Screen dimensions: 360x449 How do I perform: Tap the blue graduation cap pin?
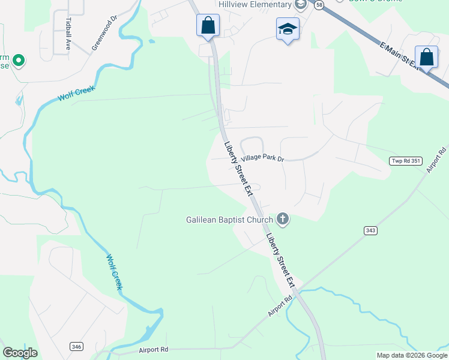288,28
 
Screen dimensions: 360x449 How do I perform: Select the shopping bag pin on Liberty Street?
208,26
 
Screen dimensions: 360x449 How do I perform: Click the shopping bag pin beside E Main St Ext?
426,58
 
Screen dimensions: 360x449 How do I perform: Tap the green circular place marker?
18,59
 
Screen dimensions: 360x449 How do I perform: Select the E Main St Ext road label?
399,55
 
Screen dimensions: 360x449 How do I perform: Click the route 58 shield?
319,5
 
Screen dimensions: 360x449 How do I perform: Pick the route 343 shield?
370,230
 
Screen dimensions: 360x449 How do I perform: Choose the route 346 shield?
76,346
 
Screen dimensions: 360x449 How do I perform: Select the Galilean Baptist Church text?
229,220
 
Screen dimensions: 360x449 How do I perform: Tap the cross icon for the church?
283,220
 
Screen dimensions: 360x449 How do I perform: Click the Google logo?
20,353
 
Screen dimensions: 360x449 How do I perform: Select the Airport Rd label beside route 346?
153,349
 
